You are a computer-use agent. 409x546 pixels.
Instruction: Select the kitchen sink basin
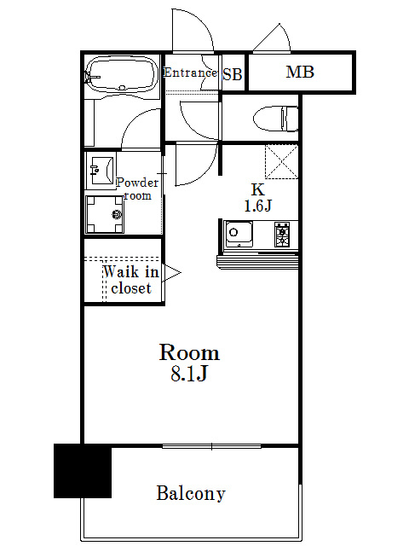(x=239, y=232)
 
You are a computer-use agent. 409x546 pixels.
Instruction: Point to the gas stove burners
(x=282, y=233)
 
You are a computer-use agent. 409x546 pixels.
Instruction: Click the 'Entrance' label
(x=190, y=73)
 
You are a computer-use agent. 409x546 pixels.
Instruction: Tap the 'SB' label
(x=233, y=74)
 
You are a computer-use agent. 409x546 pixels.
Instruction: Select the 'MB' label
(x=300, y=73)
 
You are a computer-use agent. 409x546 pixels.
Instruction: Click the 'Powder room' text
(x=137, y=189)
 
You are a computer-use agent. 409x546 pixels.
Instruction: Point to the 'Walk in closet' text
(x=130, y=280)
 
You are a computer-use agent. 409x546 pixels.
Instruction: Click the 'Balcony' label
(x=191, y=493)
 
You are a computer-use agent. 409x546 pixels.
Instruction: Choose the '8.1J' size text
(x=190, y=374)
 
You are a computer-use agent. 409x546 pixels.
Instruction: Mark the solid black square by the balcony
(x=83, y=470)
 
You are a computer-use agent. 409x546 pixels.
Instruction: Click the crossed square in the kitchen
(x=281, y=161)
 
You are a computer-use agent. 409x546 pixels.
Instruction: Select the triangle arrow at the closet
(x=172, y=273)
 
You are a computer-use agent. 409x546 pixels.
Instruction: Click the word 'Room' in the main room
(x=190, y=352)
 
